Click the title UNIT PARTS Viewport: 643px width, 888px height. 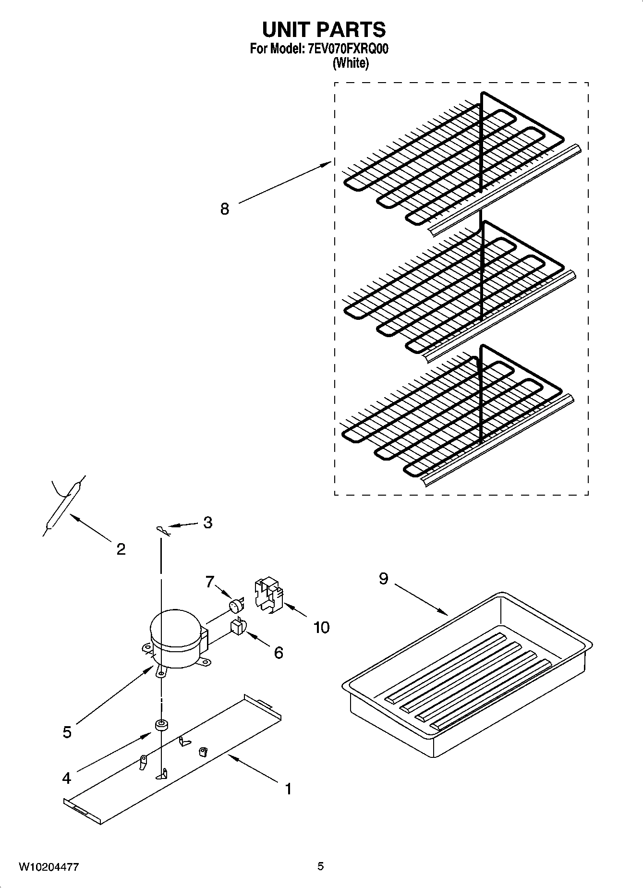click(324, 29)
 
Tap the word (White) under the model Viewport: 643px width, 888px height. click(351, 63)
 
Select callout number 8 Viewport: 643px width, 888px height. click(225, 209)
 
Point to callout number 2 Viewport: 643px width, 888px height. click(121, 549)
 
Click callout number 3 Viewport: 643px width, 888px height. click(207, 523)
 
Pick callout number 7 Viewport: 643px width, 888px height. click(209, 582)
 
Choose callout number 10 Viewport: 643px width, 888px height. click(321, 627)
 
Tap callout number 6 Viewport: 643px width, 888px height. click(279, 652)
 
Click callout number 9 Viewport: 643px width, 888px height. click(383, 579)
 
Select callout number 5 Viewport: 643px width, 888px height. click(67, 732)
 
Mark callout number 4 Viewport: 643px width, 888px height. click(66, 778)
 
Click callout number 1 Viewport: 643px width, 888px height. click(288, 789)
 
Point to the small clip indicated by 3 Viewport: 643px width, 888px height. click(163, 530)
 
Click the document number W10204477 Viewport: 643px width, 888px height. click(49, 867)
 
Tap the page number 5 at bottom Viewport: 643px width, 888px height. click(320, 866)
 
